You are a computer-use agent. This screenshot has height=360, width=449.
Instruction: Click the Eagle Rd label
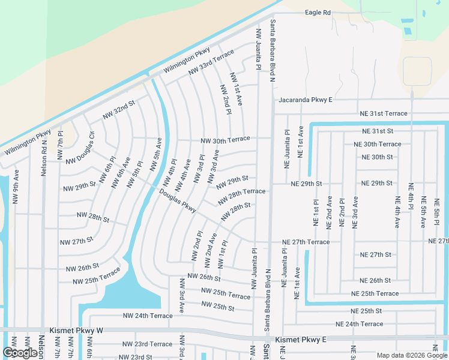318,12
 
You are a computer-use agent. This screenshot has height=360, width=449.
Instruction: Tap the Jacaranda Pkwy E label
304,100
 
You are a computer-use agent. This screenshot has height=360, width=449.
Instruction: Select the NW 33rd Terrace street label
211,63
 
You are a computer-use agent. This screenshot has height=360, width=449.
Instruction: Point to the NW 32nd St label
119,108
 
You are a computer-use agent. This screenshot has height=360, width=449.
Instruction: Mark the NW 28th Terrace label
243,194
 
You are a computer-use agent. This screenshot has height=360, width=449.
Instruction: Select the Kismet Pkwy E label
300,340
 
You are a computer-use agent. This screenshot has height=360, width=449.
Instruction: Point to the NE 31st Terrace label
383,113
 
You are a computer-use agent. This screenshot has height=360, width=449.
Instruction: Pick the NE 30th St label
378,157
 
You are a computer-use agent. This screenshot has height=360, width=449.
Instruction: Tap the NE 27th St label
375,255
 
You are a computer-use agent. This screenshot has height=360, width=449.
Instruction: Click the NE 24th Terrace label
359,324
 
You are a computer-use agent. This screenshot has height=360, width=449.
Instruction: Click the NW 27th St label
76,241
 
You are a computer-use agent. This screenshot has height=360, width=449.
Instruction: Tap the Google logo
20,353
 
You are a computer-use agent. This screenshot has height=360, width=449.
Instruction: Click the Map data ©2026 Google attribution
412,355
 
